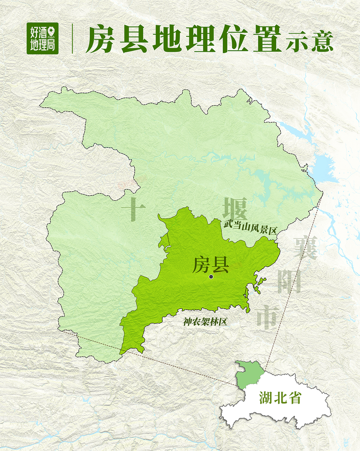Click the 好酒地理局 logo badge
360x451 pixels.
coord(43,38)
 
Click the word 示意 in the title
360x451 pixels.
coord(310,41)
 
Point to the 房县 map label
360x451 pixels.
coord(211,265)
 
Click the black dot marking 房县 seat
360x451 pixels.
coord(211,277)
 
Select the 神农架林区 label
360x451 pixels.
coord(204,322)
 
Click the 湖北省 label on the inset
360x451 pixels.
coord(279,398)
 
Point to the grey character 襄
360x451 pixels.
coord(306,247)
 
